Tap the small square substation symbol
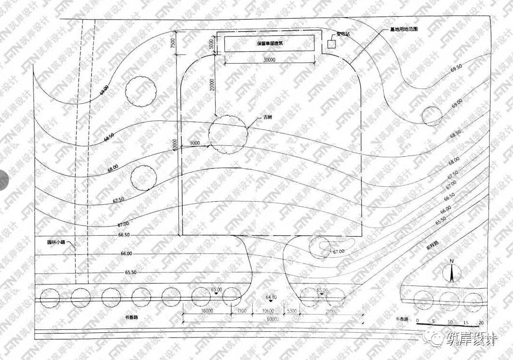331,44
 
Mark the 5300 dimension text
293,311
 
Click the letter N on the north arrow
451,261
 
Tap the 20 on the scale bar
481,321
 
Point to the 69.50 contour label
456,67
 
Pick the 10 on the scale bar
450,321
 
